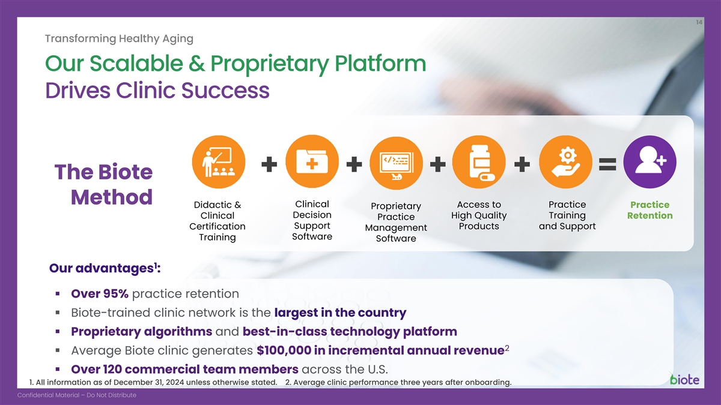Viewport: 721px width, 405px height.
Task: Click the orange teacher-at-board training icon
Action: coord(219,161)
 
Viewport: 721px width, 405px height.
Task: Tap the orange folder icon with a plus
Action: coord(312,161)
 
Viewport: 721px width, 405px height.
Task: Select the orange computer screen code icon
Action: coord(396,163)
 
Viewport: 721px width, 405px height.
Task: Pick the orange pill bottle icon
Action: coord(479,161)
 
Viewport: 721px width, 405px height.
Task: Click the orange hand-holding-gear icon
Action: coord(565,161)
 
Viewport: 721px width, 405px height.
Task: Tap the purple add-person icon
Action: coord(650,161)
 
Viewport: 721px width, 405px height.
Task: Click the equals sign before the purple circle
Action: coord(607,164)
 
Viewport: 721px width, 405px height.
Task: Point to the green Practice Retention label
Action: coord(650,210)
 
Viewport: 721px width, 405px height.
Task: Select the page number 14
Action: coord(699,22)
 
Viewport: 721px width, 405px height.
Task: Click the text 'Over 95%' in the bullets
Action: coord(100,293)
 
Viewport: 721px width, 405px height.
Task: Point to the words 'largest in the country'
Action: coord(340,313)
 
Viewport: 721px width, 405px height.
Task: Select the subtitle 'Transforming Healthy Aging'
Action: coord(119,38)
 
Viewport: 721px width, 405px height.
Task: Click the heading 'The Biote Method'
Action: coord(103,184)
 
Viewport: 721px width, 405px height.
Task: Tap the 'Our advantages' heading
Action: coord(105,268)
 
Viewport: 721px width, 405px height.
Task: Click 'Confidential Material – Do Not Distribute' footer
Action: coord(77,395)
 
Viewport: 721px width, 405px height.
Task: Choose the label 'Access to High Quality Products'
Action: coord(479,215)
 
